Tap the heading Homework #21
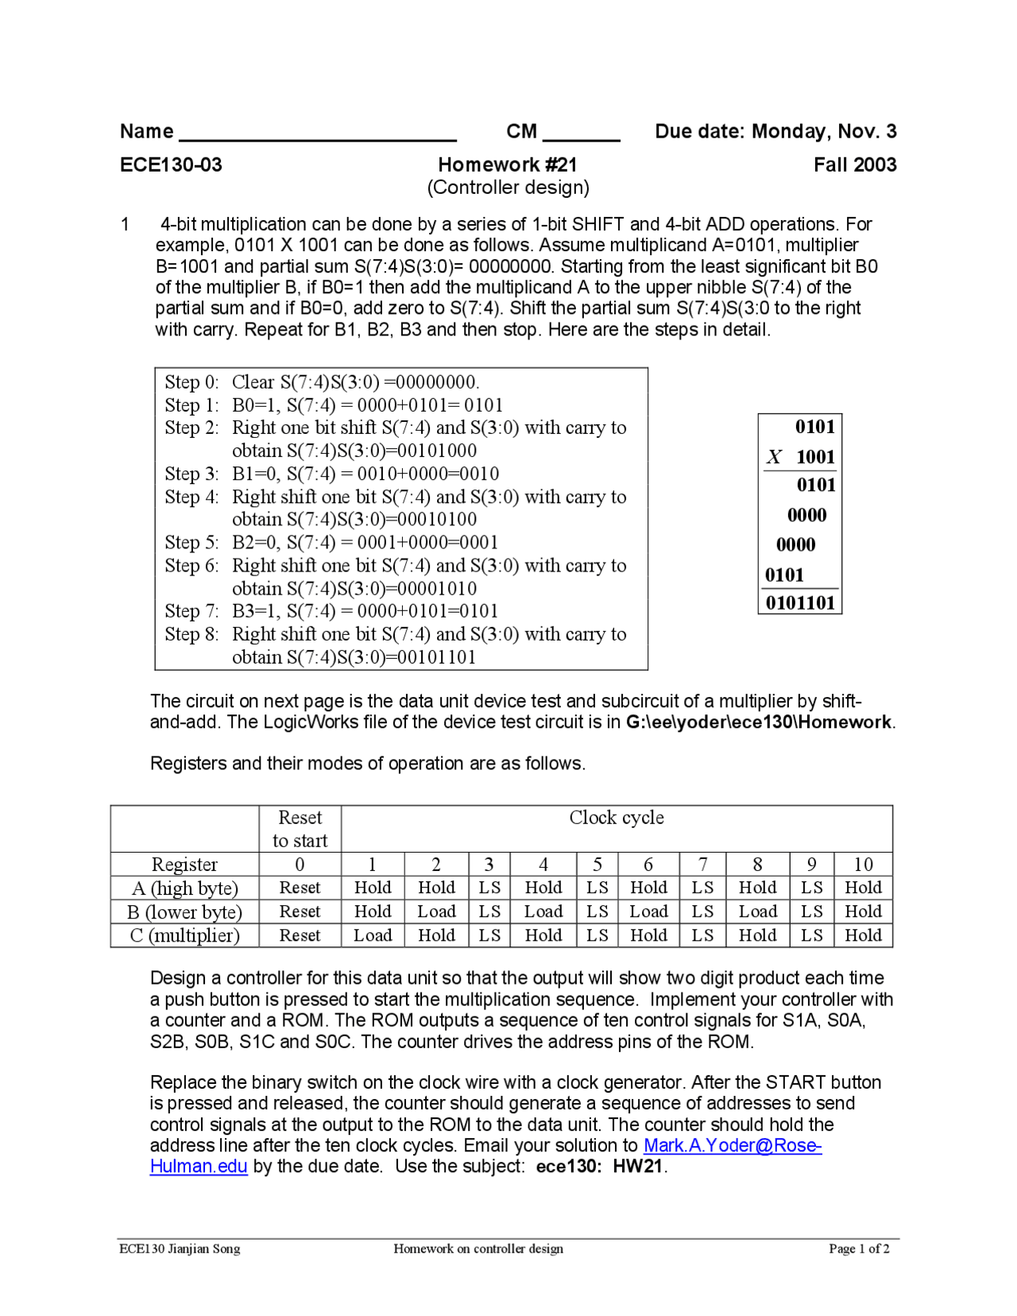(x=508, y=164)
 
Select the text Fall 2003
(x=855, y=164)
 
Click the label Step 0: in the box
(x=191, y=382)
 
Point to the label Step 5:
(x=191, y=543)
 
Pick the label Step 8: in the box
(x=191, y=634)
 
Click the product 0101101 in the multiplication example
(x=800, y=603)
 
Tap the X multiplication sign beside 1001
(x=774, y=457)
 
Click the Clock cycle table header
(x=617, y=818)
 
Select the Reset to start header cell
(x=300, y=829)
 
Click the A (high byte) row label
(x=185, y=888)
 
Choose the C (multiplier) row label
(x=185, y=936)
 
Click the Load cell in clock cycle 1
(x=373, y=935)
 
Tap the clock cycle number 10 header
(x=863, y=865)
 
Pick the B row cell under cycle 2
(x=436, y=912)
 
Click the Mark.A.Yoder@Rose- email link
(x=733, y=1146)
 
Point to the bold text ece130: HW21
(x=600, y=1167)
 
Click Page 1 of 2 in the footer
(x=859, y=1248)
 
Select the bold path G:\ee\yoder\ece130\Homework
(x=759, y=722)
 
